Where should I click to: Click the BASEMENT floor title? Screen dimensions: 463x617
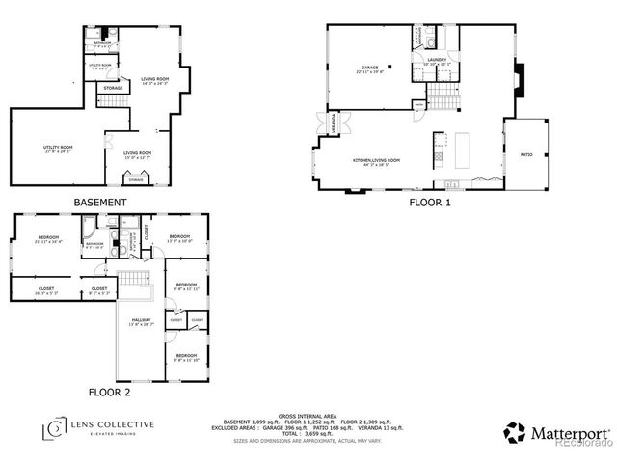100,203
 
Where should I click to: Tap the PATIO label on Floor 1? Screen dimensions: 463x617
526,153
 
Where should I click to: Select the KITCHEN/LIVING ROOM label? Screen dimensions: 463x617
376,160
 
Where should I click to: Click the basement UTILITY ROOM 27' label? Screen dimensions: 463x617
58,149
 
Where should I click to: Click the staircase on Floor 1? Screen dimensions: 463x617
443,95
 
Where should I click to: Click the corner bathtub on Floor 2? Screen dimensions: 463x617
88,230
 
